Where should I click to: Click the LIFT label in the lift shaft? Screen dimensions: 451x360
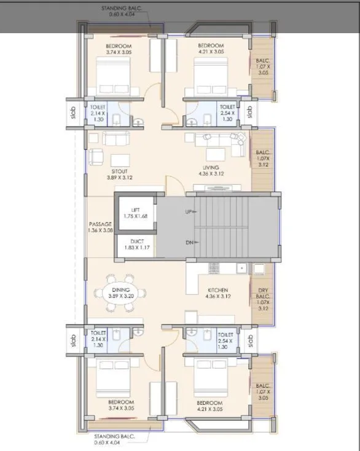click(x=135, y=210)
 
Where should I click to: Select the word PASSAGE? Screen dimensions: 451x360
click(x=100, y=224)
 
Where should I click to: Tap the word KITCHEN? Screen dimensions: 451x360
click(x=217, y=289)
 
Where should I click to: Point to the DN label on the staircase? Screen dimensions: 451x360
click(x=190, y=243)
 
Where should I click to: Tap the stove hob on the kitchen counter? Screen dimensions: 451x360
click(x=214, y=267)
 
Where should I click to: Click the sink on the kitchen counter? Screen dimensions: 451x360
click(x=242, y=267)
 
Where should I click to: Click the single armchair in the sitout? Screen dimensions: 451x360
click(x=96, y=157)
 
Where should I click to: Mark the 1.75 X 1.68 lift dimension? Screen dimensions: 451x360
click(x=135, y=216)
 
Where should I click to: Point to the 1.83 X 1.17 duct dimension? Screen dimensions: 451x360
click(x=136, y=249)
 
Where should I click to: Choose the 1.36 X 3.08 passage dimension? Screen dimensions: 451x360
click(x=100, y=230)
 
